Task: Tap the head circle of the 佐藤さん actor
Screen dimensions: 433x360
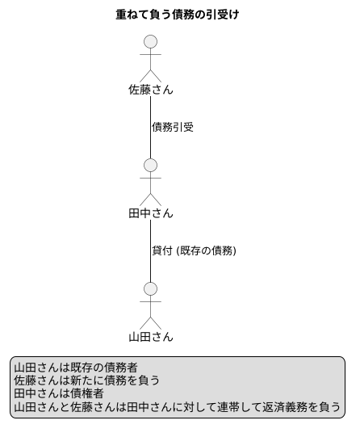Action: (x=149, y=41)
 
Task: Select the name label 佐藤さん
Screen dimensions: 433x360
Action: (x=150, y=89)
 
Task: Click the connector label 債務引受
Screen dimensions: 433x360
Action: (x=173, y=127)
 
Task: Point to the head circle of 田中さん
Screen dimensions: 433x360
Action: (x=149, y=165)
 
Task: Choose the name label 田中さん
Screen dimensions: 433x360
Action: (x=150, y=213)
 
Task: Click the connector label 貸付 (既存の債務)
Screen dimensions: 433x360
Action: (x=194, y=250)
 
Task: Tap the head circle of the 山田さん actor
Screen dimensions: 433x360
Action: (x=149, y=288)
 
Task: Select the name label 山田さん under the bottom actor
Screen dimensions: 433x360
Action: (x=150, y=337)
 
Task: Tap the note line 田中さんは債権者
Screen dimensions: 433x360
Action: (x=58, y=393)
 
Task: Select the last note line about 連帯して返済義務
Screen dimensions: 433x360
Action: (x=177, y=406)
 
